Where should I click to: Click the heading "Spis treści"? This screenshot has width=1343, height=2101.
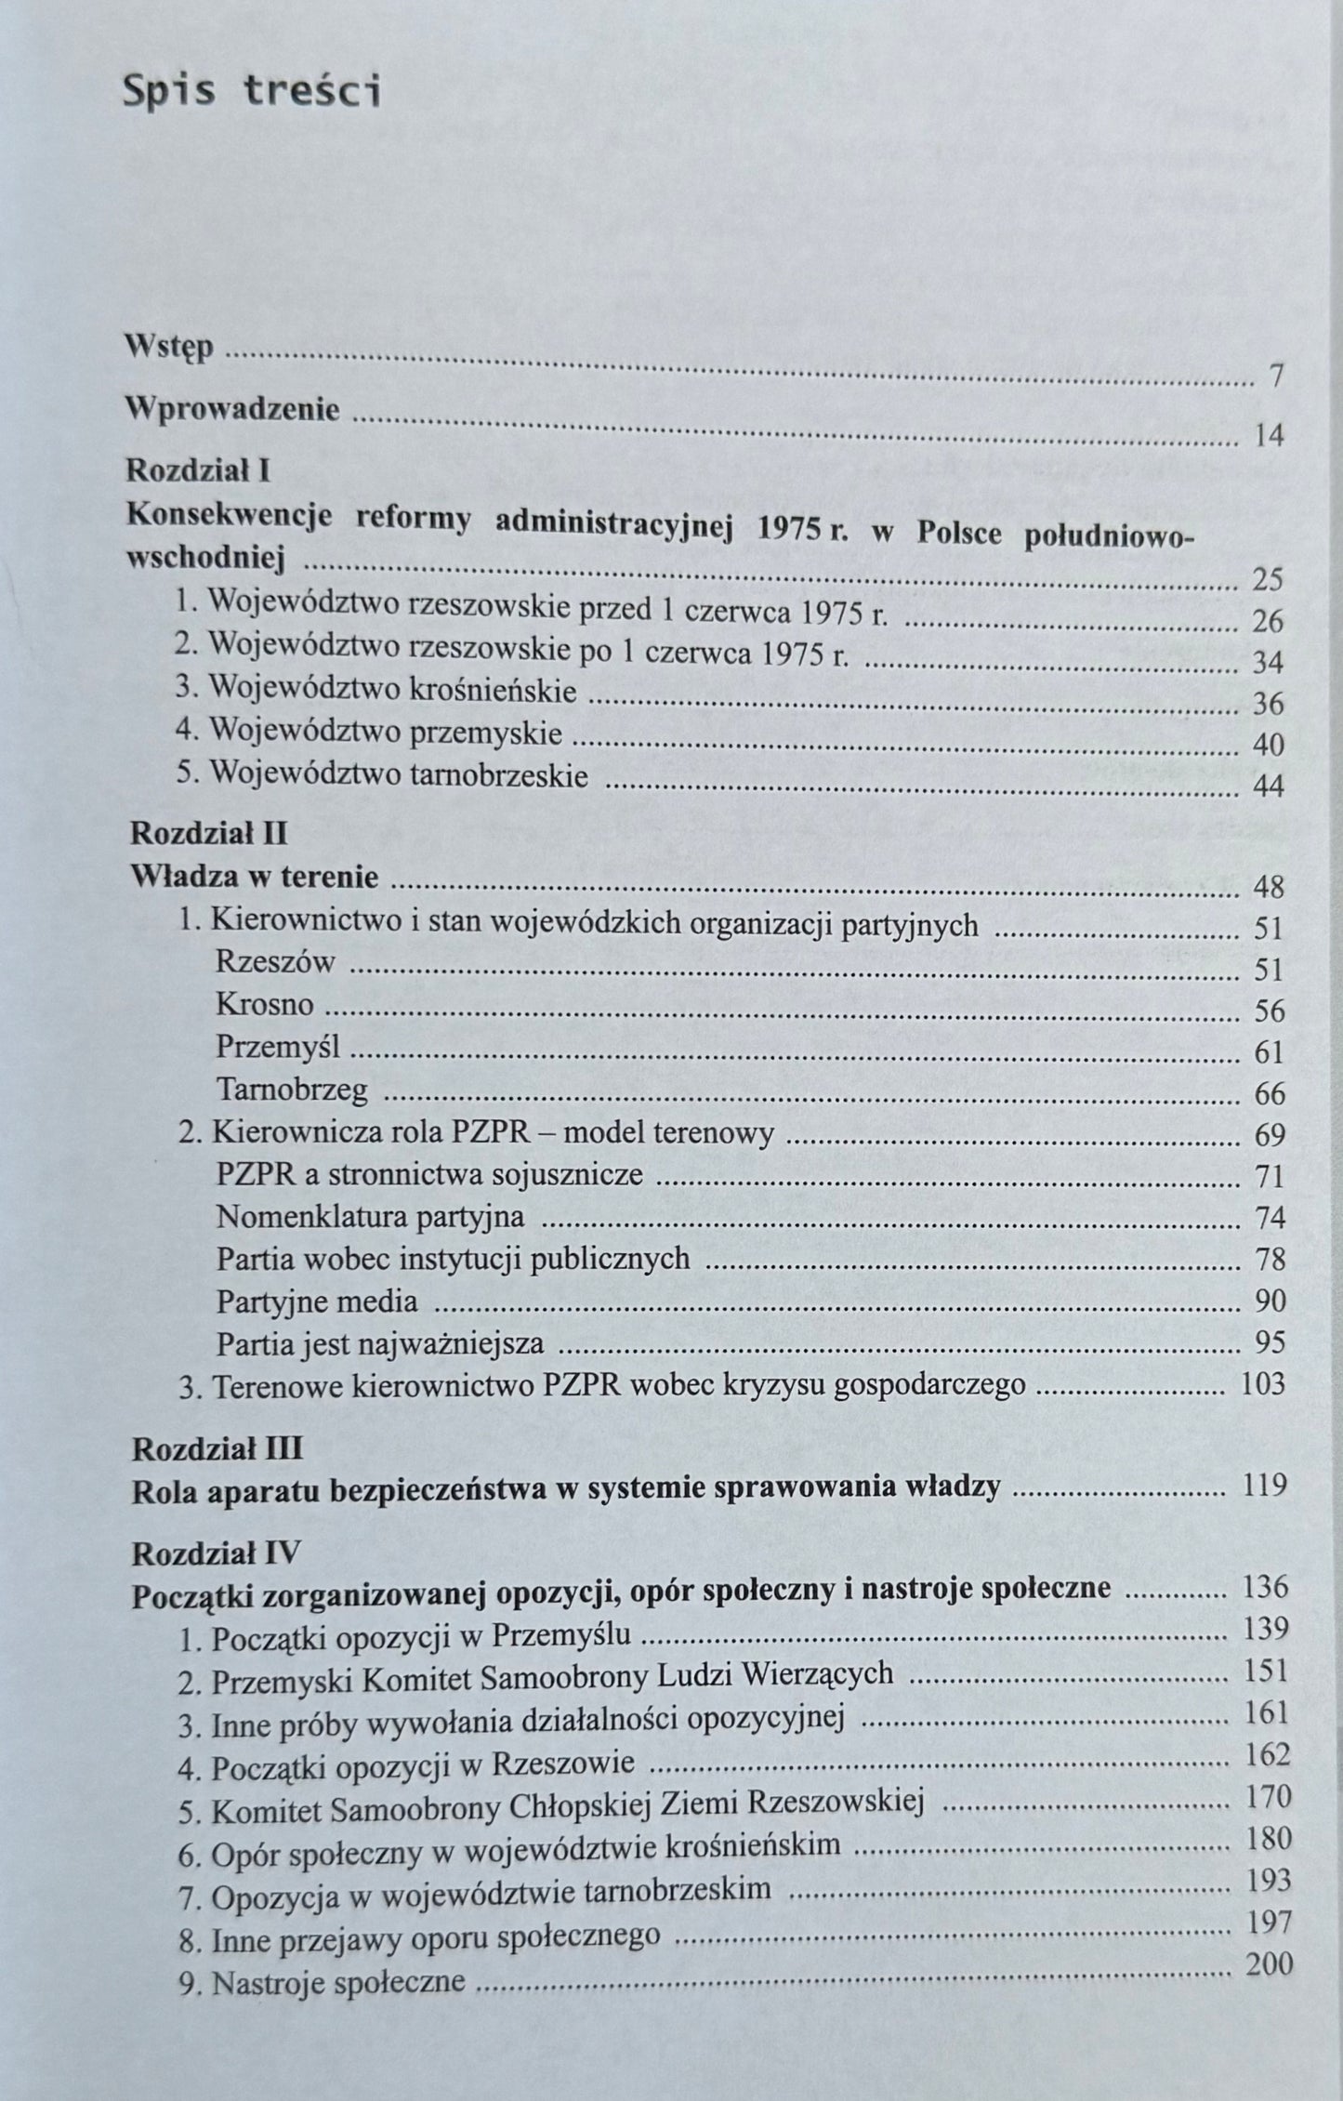click(252, 94)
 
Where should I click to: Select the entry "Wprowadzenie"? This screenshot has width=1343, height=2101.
click(232, 409)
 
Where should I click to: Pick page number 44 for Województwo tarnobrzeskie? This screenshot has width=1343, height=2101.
click(1268, 786)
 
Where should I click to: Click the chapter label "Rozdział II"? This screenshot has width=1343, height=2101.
click(209, 832)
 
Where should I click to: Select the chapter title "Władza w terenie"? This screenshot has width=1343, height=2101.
click(254, 877)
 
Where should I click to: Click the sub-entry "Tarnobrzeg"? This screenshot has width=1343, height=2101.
click(292, 1089)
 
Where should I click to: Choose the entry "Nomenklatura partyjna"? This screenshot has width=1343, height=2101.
click(370, 1216)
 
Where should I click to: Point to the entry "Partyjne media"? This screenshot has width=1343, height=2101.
click(317, 1301)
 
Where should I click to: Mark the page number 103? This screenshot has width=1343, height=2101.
click(1263, 1384)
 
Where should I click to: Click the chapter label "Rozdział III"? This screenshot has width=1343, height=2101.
click(217, 1448)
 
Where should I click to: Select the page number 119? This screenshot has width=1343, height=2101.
click(1264, 1487)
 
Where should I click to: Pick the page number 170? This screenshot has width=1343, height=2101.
click(1268, 1796)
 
